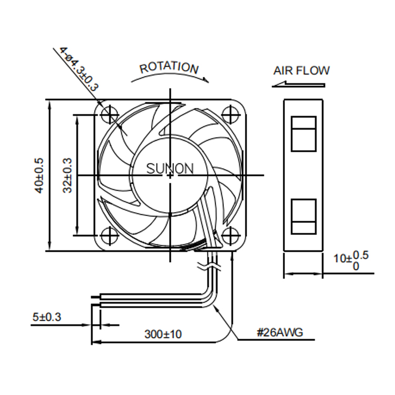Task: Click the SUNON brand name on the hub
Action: tap(170, 169)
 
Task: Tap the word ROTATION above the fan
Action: tap(169, 67)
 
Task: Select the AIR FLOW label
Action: tap(302, 71)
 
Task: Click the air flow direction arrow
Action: tap(299, 84)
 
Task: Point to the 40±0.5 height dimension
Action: tap(39, 175)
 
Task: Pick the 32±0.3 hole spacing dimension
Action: tap(67, 175)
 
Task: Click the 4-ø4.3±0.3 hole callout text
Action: tap(79, 69)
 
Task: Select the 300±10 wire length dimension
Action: tap(163, 334)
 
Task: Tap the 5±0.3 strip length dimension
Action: tap(47, 317)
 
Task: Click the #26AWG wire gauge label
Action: tap(280, 332)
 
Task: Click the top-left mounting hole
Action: tap(110, 115)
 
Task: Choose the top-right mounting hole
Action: tap(230, 115)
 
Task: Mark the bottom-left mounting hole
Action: tap(110, 236)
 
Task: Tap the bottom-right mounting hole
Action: tap(230, 236)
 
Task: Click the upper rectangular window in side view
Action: tap(303, 134)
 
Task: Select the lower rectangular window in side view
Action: tap(303, 216)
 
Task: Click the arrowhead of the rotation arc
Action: tap(206, 80)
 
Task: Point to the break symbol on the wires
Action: tap(210, 267)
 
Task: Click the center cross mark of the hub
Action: tap(170, 175)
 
